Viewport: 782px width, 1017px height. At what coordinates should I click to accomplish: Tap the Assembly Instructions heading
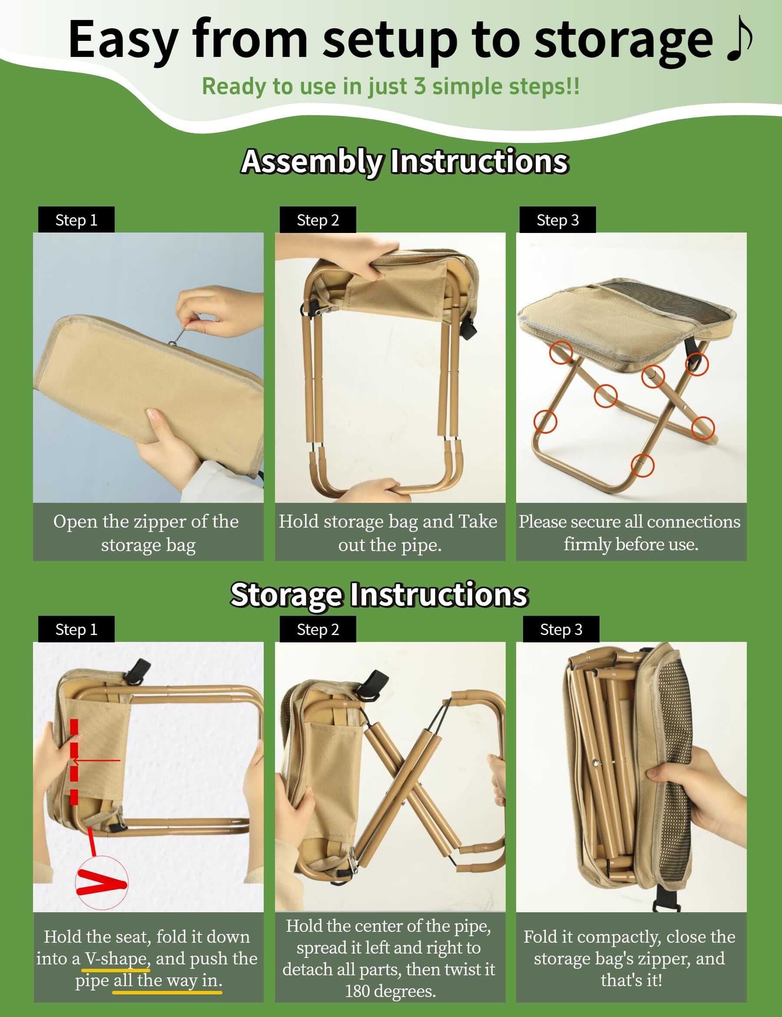(404, 161)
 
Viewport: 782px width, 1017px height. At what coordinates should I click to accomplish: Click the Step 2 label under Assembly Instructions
(318, 220)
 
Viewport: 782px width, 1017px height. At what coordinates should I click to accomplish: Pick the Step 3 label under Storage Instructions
(560, 629)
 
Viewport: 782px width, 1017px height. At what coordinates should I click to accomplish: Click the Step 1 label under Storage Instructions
(76, 629)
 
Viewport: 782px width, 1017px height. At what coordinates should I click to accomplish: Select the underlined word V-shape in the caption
(116, 958)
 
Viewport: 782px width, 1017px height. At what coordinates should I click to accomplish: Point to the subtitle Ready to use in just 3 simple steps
(391, 86)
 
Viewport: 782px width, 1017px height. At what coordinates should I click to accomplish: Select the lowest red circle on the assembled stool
(643, 465)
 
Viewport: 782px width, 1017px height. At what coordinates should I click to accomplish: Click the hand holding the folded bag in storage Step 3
(698, 791)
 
